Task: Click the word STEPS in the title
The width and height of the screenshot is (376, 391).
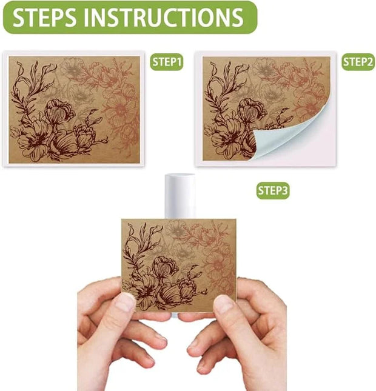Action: point(44,17)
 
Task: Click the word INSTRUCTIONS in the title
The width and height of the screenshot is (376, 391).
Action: point(163,17)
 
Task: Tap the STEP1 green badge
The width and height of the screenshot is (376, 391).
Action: point(167,62)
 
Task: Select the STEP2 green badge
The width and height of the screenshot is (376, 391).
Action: point(358,62)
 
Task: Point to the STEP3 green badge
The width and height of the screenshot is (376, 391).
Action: point(273,190)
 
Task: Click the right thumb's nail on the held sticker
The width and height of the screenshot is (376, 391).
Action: point(224,304)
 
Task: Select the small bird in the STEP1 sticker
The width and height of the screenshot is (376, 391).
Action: point(93,115)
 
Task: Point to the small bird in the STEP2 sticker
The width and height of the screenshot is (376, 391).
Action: point(284,115)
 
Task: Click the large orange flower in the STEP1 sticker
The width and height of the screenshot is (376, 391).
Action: point(119,110)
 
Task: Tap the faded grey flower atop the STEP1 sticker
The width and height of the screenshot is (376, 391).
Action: point(73,67)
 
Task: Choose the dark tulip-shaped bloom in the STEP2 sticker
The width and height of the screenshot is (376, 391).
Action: point(251,111)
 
